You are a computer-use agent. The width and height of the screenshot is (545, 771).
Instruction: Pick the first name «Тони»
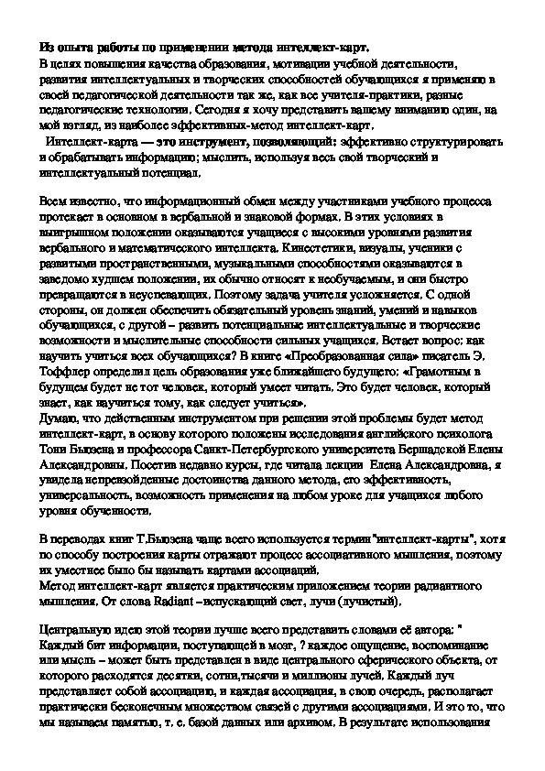click(x=52, y=429)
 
